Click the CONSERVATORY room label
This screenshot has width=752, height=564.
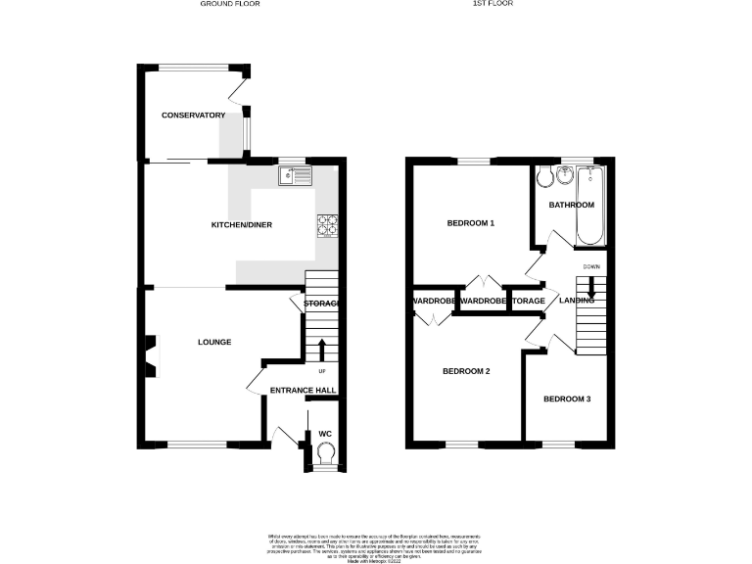(194, 116)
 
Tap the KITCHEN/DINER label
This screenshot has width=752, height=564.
(242, 225)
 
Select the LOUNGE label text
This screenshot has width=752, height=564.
(214, 342)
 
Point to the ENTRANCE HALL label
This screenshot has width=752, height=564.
(304, 391)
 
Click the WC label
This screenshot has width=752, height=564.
(325, 432)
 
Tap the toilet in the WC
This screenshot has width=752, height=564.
(326, 450)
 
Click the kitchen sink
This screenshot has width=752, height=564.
(294, 176)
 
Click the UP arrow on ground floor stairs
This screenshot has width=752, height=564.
(321, 348)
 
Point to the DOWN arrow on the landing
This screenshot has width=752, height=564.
(591, 287)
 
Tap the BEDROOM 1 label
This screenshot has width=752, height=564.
(470, 223)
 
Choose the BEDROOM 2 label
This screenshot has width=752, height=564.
(466, 371)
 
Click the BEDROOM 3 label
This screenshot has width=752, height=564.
(568, 399)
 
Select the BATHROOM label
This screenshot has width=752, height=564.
(571, 205)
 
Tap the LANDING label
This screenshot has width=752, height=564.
(577, 301)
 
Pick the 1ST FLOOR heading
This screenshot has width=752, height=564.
(493, 4)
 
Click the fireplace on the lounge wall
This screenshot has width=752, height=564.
(150, 354)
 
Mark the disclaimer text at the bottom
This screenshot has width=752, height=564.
(376, 545)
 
